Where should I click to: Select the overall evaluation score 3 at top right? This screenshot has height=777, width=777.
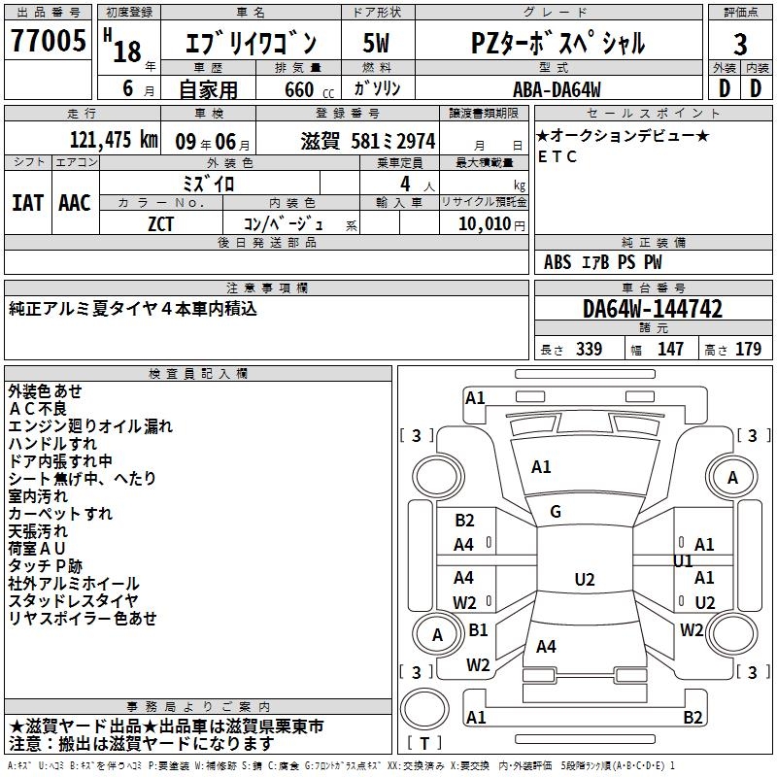(740, 45)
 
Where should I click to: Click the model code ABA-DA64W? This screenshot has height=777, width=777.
(557, 89)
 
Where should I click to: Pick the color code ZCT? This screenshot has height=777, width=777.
(161, 222)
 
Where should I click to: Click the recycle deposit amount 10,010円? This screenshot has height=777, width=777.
(484, 223)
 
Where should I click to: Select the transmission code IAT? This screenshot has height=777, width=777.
(28, 202)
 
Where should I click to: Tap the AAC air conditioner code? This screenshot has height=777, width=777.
(75, 202)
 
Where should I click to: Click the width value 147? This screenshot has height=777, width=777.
(670, 350)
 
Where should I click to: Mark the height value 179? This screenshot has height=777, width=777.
(747, 350)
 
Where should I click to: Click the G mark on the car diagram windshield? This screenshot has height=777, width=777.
(556, 512)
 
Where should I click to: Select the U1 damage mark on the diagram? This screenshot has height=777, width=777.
(683, 561)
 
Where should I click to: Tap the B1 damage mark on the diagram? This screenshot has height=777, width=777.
(478, 630)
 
